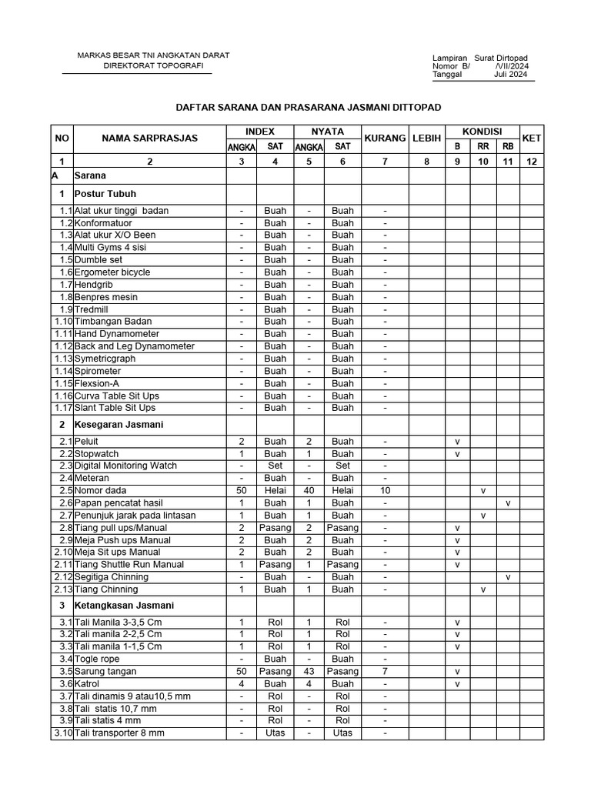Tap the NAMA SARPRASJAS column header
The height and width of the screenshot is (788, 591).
coord(150,139)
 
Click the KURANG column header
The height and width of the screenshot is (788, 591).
coord(386,139)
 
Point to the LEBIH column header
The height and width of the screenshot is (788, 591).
coord(426,139)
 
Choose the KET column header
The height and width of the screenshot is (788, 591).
coord(532,139)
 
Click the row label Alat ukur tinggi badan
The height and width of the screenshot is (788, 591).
coord(122,211)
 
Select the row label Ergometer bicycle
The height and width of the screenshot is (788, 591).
coord(112,272)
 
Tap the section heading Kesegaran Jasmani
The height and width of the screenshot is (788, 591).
coord(119,425)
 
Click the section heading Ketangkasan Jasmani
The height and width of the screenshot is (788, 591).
coord(124,606)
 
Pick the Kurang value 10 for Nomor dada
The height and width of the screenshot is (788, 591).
coord(386,491)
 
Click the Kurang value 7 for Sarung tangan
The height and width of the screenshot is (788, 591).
coord(386,672)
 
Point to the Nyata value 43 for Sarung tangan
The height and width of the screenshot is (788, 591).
coord(309,672)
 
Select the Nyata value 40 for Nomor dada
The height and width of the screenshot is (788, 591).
coord(309,491)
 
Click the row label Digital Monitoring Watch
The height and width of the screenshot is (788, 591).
coord(125,466)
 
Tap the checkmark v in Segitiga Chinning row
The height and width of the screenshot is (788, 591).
coord(508,577)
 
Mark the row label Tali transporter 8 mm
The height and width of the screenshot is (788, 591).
coord(119,733)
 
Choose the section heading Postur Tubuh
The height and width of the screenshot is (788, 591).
coord(105,194)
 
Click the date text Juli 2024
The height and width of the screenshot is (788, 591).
coord(511,75)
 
